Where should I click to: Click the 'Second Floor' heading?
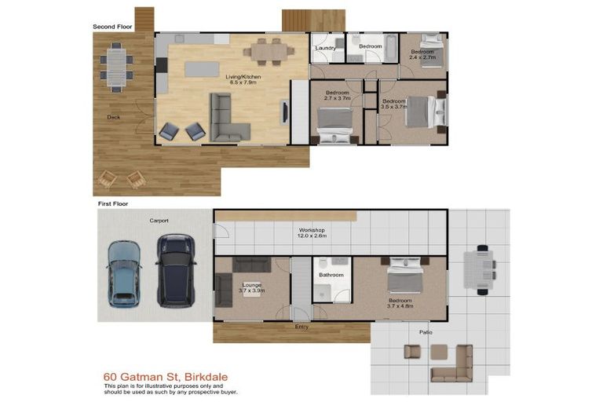112,27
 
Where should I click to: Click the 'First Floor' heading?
112,203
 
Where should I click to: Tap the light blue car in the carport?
123,272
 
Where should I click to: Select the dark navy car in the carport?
174,271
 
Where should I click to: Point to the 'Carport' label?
159,221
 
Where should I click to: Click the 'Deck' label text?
114,118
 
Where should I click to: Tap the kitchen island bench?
202,68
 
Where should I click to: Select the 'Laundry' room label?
326,48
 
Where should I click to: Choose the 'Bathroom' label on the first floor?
331,275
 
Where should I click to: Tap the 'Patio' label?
425,332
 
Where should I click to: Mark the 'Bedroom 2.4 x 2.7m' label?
422,55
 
